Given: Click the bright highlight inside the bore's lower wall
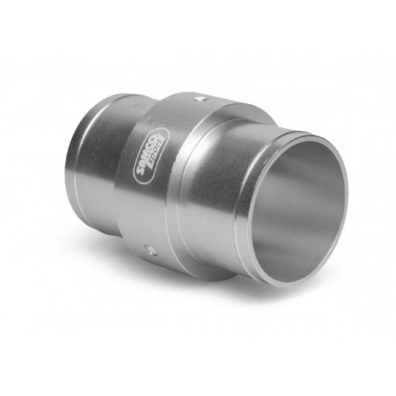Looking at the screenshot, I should point(293,257).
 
